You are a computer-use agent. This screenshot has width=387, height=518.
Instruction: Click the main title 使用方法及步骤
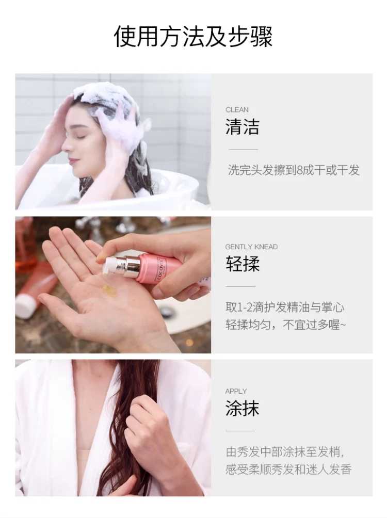193,36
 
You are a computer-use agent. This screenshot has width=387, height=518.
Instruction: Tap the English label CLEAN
237,110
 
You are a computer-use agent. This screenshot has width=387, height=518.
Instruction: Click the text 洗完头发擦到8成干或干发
294,170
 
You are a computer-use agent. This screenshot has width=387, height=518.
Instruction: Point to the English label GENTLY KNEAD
251,247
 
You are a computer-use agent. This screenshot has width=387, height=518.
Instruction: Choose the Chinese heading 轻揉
242,264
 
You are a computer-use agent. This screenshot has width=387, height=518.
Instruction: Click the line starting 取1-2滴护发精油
285,307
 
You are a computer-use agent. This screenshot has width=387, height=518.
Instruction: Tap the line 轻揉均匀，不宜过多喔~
286,325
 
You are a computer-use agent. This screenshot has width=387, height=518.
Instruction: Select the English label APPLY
236,392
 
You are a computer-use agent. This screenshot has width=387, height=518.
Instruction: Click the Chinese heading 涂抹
242,408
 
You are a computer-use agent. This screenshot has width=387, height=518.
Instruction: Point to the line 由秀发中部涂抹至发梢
284,451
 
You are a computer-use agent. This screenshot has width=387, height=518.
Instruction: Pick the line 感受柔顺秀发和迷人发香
288,469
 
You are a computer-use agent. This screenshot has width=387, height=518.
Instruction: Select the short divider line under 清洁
243,150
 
